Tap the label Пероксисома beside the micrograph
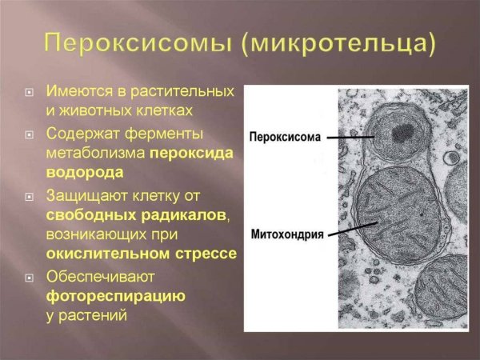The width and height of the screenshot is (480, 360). (x=285, y=137)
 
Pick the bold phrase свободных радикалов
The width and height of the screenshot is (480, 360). (x=137, y=214)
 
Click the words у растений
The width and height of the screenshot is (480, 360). (x=87, y=316)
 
